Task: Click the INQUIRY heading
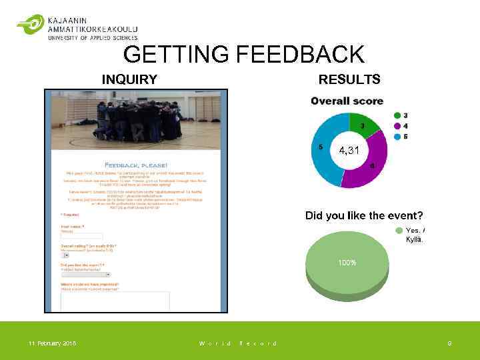coord(129,80)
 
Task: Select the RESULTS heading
coord(349,80)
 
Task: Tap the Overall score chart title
coord(347,101)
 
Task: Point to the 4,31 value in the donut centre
coord(349,151)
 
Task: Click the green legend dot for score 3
coord(398,115)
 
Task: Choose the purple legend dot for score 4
coord(398,125)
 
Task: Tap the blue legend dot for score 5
coord(398,136)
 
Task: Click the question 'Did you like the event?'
coord(364,215)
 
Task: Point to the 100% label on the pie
coord(346,263)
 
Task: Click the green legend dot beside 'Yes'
coord(399,230)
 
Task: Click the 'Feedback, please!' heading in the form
coord(136,165)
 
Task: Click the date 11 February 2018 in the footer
coord(52,343)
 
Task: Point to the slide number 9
coord(449,343)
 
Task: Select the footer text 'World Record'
coord(237,343)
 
